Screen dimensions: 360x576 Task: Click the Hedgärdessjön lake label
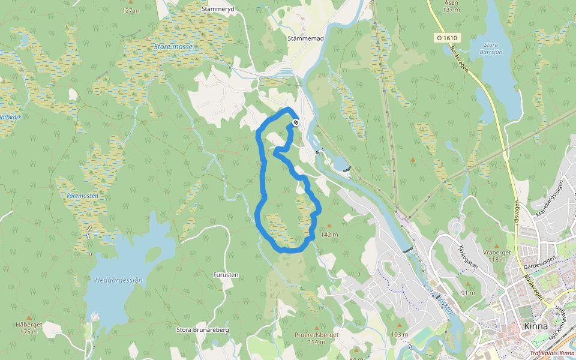119,280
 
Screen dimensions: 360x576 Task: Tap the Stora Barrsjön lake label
499,47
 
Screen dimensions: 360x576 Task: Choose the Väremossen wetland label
82,196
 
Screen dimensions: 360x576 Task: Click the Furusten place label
226,275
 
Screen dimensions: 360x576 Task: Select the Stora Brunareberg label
203,330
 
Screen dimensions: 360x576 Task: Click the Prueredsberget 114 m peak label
317,338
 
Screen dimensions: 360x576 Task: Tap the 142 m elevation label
330,234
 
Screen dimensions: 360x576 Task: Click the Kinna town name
535,326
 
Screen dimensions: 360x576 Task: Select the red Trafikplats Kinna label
553,353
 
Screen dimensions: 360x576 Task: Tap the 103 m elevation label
399,334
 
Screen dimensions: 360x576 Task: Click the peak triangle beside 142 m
329,226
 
